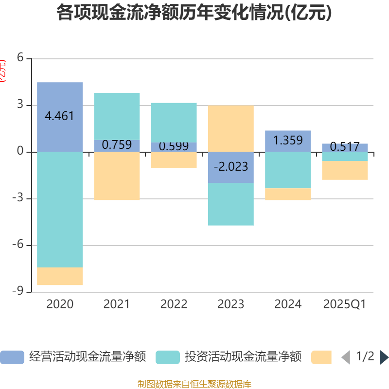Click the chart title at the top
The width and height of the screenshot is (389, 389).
(194, 13)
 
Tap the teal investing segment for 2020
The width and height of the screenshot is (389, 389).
(60, 209)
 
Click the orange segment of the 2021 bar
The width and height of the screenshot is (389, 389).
(117, 176)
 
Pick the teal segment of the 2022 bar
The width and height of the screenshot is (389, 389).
(174, 122)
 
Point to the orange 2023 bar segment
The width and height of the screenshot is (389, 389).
(230, 128)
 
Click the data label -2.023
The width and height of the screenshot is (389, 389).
(230, 167)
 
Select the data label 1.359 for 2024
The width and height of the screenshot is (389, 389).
(288, 141)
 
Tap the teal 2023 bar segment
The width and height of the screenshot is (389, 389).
(230, 204)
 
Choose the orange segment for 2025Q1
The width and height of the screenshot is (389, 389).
(345, 170)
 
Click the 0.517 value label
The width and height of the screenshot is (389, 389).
(345, 146)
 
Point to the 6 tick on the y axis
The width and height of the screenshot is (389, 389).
(20, 58)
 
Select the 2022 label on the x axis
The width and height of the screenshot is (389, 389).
(174, 304)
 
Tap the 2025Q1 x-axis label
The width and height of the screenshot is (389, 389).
(345, 304)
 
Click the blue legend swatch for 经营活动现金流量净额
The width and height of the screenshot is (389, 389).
(12, 357)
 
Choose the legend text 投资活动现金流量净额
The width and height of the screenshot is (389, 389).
(243, 357)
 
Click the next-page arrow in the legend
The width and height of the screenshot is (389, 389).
(384, 357)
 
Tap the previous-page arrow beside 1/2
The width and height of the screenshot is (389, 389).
(346, 357)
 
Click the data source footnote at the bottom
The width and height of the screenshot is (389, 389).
(194, 384)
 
